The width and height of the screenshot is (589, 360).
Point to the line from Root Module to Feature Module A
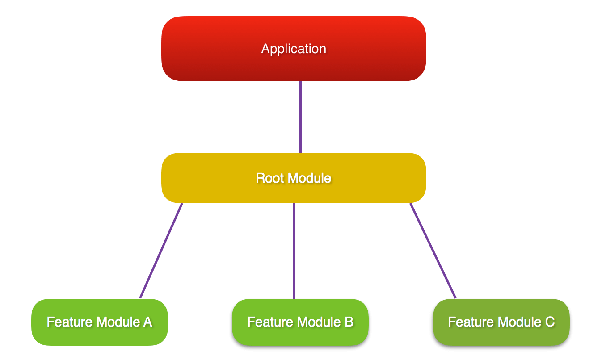click(161, 250)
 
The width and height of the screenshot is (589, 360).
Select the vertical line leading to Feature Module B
click(294, 250)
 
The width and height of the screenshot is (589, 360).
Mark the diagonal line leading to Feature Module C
click(433, 250)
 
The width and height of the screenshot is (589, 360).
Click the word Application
click(294, 49)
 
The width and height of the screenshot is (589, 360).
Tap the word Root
click(267, 178)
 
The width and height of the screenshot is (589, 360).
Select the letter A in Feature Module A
click(147, 322)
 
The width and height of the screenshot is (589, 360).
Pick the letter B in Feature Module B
click(349, 322)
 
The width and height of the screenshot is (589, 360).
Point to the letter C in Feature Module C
click(550, 322)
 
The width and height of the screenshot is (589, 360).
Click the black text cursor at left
click(25, 103)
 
